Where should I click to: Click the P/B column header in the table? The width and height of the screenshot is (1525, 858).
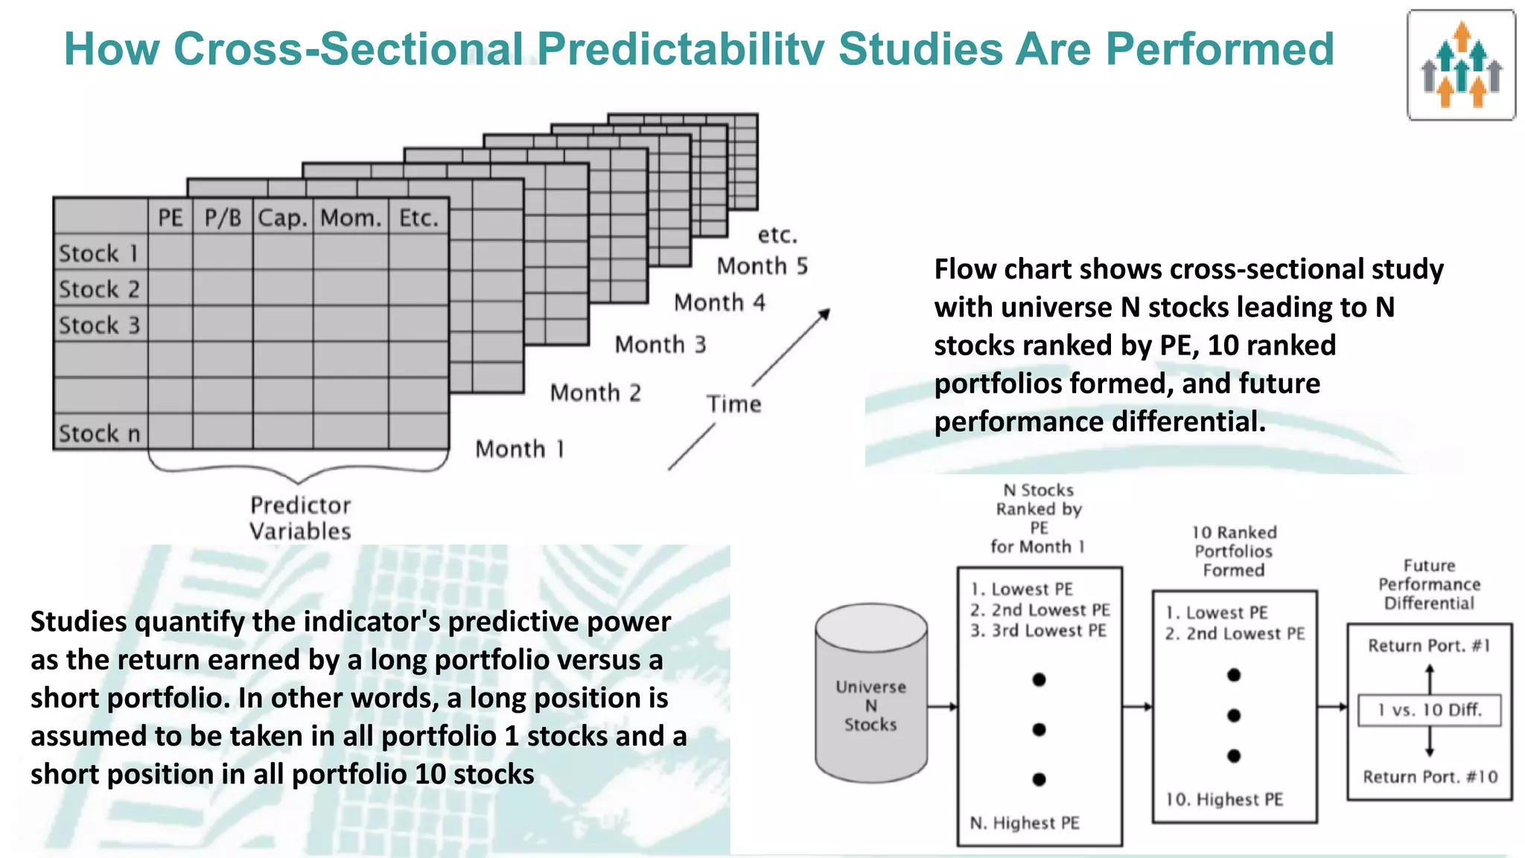(x=223, y=217)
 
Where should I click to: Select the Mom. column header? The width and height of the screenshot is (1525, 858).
(x=351, y=217)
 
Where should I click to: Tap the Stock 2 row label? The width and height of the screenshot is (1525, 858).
(x=100, y=289)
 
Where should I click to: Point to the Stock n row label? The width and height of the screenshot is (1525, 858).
(x=100, y=433)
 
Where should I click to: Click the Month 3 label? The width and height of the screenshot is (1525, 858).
(x=660, y=345)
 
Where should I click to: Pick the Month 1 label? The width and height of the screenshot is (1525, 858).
(x=520, y=449)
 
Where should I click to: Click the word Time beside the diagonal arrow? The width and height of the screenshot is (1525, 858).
(x=733, y=404)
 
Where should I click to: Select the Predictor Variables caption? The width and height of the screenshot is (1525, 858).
(x=300, y=518)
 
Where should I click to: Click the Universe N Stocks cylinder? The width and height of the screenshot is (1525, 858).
(x=870, y=693)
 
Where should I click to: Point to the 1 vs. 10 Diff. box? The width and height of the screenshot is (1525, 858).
(x=1429, y=710)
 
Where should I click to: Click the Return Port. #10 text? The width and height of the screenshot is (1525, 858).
(x=1430, y=777)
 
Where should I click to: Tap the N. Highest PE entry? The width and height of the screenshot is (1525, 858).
(x=1025, y=823)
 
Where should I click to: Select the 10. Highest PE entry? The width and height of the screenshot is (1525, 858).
(x=1224, y=799)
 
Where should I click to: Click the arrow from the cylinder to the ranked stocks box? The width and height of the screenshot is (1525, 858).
(x=942, y=706)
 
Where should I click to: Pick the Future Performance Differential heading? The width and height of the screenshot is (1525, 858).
(x=1429, y=585)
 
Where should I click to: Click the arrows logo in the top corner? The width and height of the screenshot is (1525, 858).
(x=1461, y=66)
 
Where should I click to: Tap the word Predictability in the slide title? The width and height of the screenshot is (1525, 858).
(x=681, y=49)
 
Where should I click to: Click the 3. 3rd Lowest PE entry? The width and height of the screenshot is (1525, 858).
(x=1038, y=631)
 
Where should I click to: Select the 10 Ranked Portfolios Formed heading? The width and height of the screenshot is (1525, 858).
(x=1234, y=551)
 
